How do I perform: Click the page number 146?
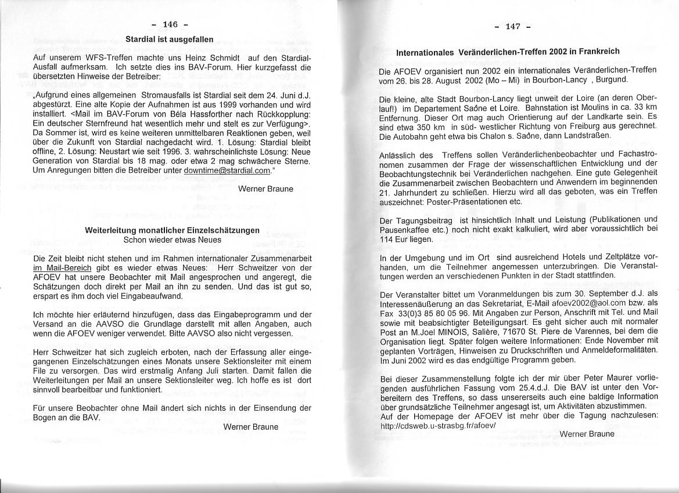(x=170, y=24)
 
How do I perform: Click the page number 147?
(x=512, y=26)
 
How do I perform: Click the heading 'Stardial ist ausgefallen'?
(x=170, y=39)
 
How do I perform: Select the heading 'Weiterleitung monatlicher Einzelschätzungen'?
(x=172, y=230)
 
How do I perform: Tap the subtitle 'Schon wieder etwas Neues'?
(x=172, y=238)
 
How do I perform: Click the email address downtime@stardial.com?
(x=227, y=171)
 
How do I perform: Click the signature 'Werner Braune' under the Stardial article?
(x=265, y=188)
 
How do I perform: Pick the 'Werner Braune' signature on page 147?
(x=587, y=434)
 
